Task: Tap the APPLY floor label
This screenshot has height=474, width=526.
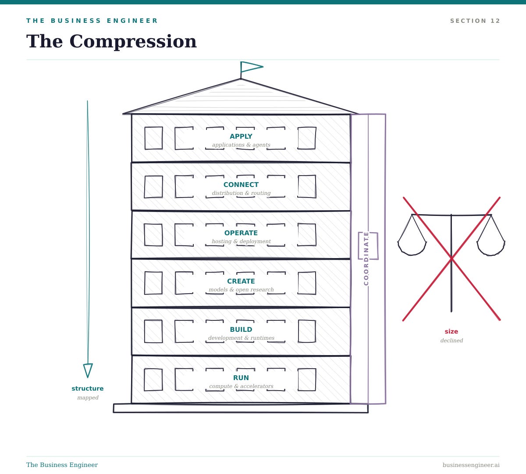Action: [x=241, y=136]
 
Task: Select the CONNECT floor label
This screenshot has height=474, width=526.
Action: [x=241, y=185]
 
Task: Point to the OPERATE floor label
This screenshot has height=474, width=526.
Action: [x=241, y=233]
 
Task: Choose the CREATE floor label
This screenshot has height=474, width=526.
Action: [x=241, y=281]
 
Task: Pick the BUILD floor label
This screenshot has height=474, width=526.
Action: [x=241, y=330]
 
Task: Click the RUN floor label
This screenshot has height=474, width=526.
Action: [x=241, y=378]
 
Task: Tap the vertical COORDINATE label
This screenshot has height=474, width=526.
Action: [x=366, y=259]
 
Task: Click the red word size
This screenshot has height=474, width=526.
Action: [x=451, y=331]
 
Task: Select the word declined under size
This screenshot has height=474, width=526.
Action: [x=451, y=341]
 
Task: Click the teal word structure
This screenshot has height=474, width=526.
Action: [x=88, y=388]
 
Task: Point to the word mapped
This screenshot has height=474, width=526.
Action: [x=88, y=398]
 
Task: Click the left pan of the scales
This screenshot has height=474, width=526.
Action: [x=412, y=249]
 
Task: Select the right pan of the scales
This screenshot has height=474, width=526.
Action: [x=491, y=249]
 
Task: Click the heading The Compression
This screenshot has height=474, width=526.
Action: [x=111, y=42]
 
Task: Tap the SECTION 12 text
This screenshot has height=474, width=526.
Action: [x=475, y=21]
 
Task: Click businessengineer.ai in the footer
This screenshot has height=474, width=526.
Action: [x=471, y=465]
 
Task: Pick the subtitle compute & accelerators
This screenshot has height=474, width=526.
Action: [x=241, y=386]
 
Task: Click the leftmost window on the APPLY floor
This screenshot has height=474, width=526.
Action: [x=154, y=138]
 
